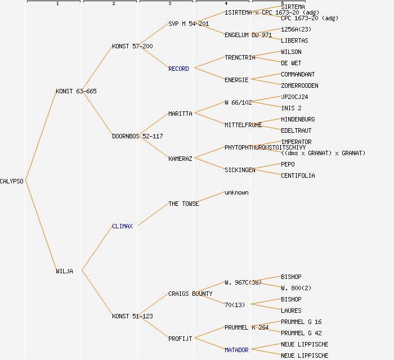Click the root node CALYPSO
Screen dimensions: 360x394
12,181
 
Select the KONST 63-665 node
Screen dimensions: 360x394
76,91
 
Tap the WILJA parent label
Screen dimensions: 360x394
64,271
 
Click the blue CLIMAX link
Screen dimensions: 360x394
122,226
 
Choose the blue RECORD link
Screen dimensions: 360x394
178,69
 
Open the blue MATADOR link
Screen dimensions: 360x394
236,350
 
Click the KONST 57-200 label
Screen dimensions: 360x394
132,46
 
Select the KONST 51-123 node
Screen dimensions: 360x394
132,316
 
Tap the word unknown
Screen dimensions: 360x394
236,192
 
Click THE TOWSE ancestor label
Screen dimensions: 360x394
183,204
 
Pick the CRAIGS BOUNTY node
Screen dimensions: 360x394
190,294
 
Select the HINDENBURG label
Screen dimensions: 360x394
298,119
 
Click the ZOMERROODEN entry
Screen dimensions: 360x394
299,85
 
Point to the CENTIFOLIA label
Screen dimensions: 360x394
298,175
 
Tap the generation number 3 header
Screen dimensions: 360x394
169,4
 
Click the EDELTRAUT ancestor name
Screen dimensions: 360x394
296,130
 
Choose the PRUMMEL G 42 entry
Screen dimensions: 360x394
301,333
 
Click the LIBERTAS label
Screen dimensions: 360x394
294,40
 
